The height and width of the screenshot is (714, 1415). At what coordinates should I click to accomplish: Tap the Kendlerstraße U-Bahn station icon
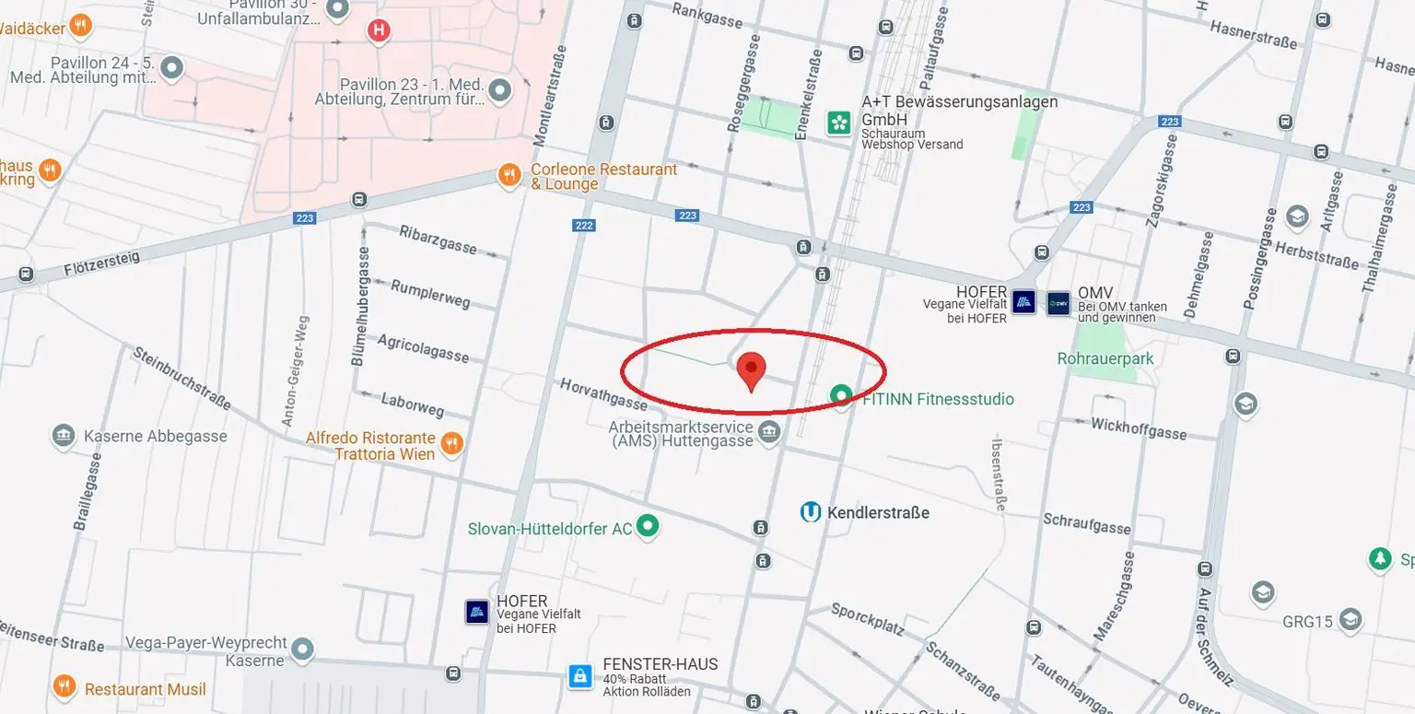coord(811,512)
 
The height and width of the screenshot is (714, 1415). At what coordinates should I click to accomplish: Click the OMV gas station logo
coord(1058,302)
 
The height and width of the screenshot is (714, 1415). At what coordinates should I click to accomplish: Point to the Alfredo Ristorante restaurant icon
coord(450,444)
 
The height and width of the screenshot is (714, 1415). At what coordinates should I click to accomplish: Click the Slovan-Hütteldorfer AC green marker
coord(649,526)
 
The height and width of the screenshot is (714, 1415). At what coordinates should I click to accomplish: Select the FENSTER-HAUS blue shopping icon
coord(580,677)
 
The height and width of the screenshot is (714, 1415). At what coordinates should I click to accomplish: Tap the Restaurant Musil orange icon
coord(64,687)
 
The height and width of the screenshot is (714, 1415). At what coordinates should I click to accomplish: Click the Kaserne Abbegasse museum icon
coord(64,435)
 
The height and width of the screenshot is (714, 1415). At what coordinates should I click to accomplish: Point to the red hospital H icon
coord(378,30)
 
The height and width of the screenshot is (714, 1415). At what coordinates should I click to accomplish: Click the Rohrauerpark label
coord(1105,358)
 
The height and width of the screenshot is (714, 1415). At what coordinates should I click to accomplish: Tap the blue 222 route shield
coord(583,225)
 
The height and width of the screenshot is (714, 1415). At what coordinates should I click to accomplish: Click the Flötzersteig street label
coord(102,264)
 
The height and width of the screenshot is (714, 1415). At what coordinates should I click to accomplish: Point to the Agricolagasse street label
coord(423,348)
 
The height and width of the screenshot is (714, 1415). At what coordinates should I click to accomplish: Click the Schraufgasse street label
coord(1086,524)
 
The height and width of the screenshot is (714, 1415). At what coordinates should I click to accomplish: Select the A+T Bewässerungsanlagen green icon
coord(838,123)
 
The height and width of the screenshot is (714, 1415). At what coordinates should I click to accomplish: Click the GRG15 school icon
coord(1351,619)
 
